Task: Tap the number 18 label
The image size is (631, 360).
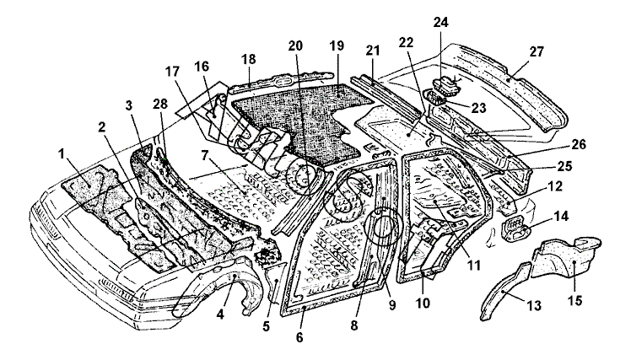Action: pos(249,58)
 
